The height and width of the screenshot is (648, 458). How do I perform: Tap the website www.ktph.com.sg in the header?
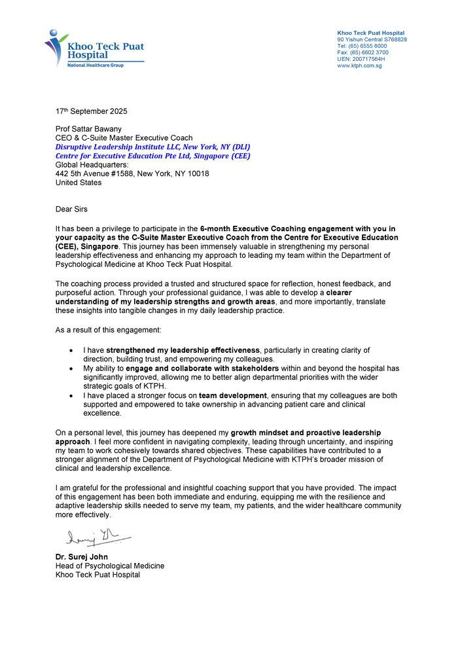(359, 65)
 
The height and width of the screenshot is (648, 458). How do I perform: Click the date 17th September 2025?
(92, 111)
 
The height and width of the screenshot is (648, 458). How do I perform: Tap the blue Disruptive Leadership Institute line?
(152, 147)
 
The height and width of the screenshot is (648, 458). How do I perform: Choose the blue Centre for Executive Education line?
(152, 156)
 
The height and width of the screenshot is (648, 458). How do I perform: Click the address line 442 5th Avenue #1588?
(132, 174)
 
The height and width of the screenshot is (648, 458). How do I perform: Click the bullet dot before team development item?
(70, 396)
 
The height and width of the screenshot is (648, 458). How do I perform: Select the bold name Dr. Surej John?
(82, 556)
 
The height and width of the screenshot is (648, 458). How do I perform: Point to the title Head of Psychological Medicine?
(110, 566)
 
